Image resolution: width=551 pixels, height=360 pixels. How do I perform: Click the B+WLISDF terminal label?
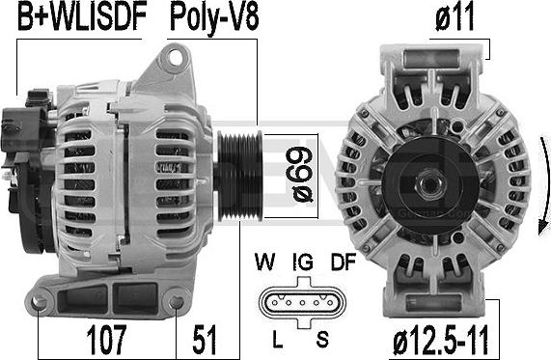click(x=82, y=17)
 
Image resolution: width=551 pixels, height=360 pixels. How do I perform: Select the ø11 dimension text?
click(x=455, y=17)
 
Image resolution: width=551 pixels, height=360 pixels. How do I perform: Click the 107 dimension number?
click(x=106, y=340)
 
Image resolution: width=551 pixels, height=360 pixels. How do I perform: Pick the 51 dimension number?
click(x=205, y=340)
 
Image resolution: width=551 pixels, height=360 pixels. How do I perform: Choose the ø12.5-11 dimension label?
click(x=441, y=341)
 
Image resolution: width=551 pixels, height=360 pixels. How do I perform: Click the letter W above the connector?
click(x=265, y=262)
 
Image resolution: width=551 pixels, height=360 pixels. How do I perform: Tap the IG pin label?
click(x=303, y=262)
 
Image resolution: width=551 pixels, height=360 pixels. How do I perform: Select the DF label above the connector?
click(x=344, y=262)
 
